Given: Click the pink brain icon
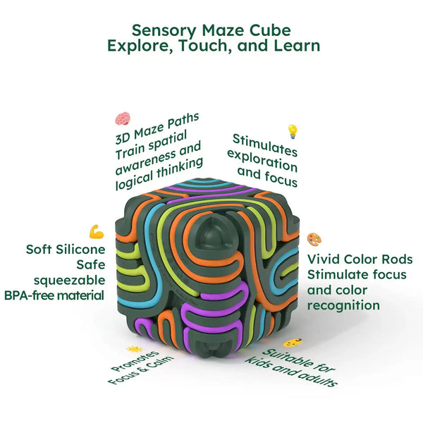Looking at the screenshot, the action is (123, 118).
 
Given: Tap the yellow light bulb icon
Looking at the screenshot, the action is (293, 131).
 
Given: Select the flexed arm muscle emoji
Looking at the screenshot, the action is (97, 232).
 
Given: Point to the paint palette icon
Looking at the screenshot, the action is (314, 240).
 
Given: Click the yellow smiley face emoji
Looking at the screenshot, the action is (293, 343).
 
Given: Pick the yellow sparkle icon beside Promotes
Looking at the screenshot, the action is (135, 349).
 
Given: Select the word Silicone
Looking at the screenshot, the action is (80, 250).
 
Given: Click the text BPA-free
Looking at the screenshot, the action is (29, 295).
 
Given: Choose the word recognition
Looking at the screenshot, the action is (343, 306).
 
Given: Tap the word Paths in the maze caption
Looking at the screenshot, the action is (183, 121).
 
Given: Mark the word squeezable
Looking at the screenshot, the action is (69, 281).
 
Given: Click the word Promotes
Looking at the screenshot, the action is (135, 361).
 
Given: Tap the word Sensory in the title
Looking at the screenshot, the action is (164, 31).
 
